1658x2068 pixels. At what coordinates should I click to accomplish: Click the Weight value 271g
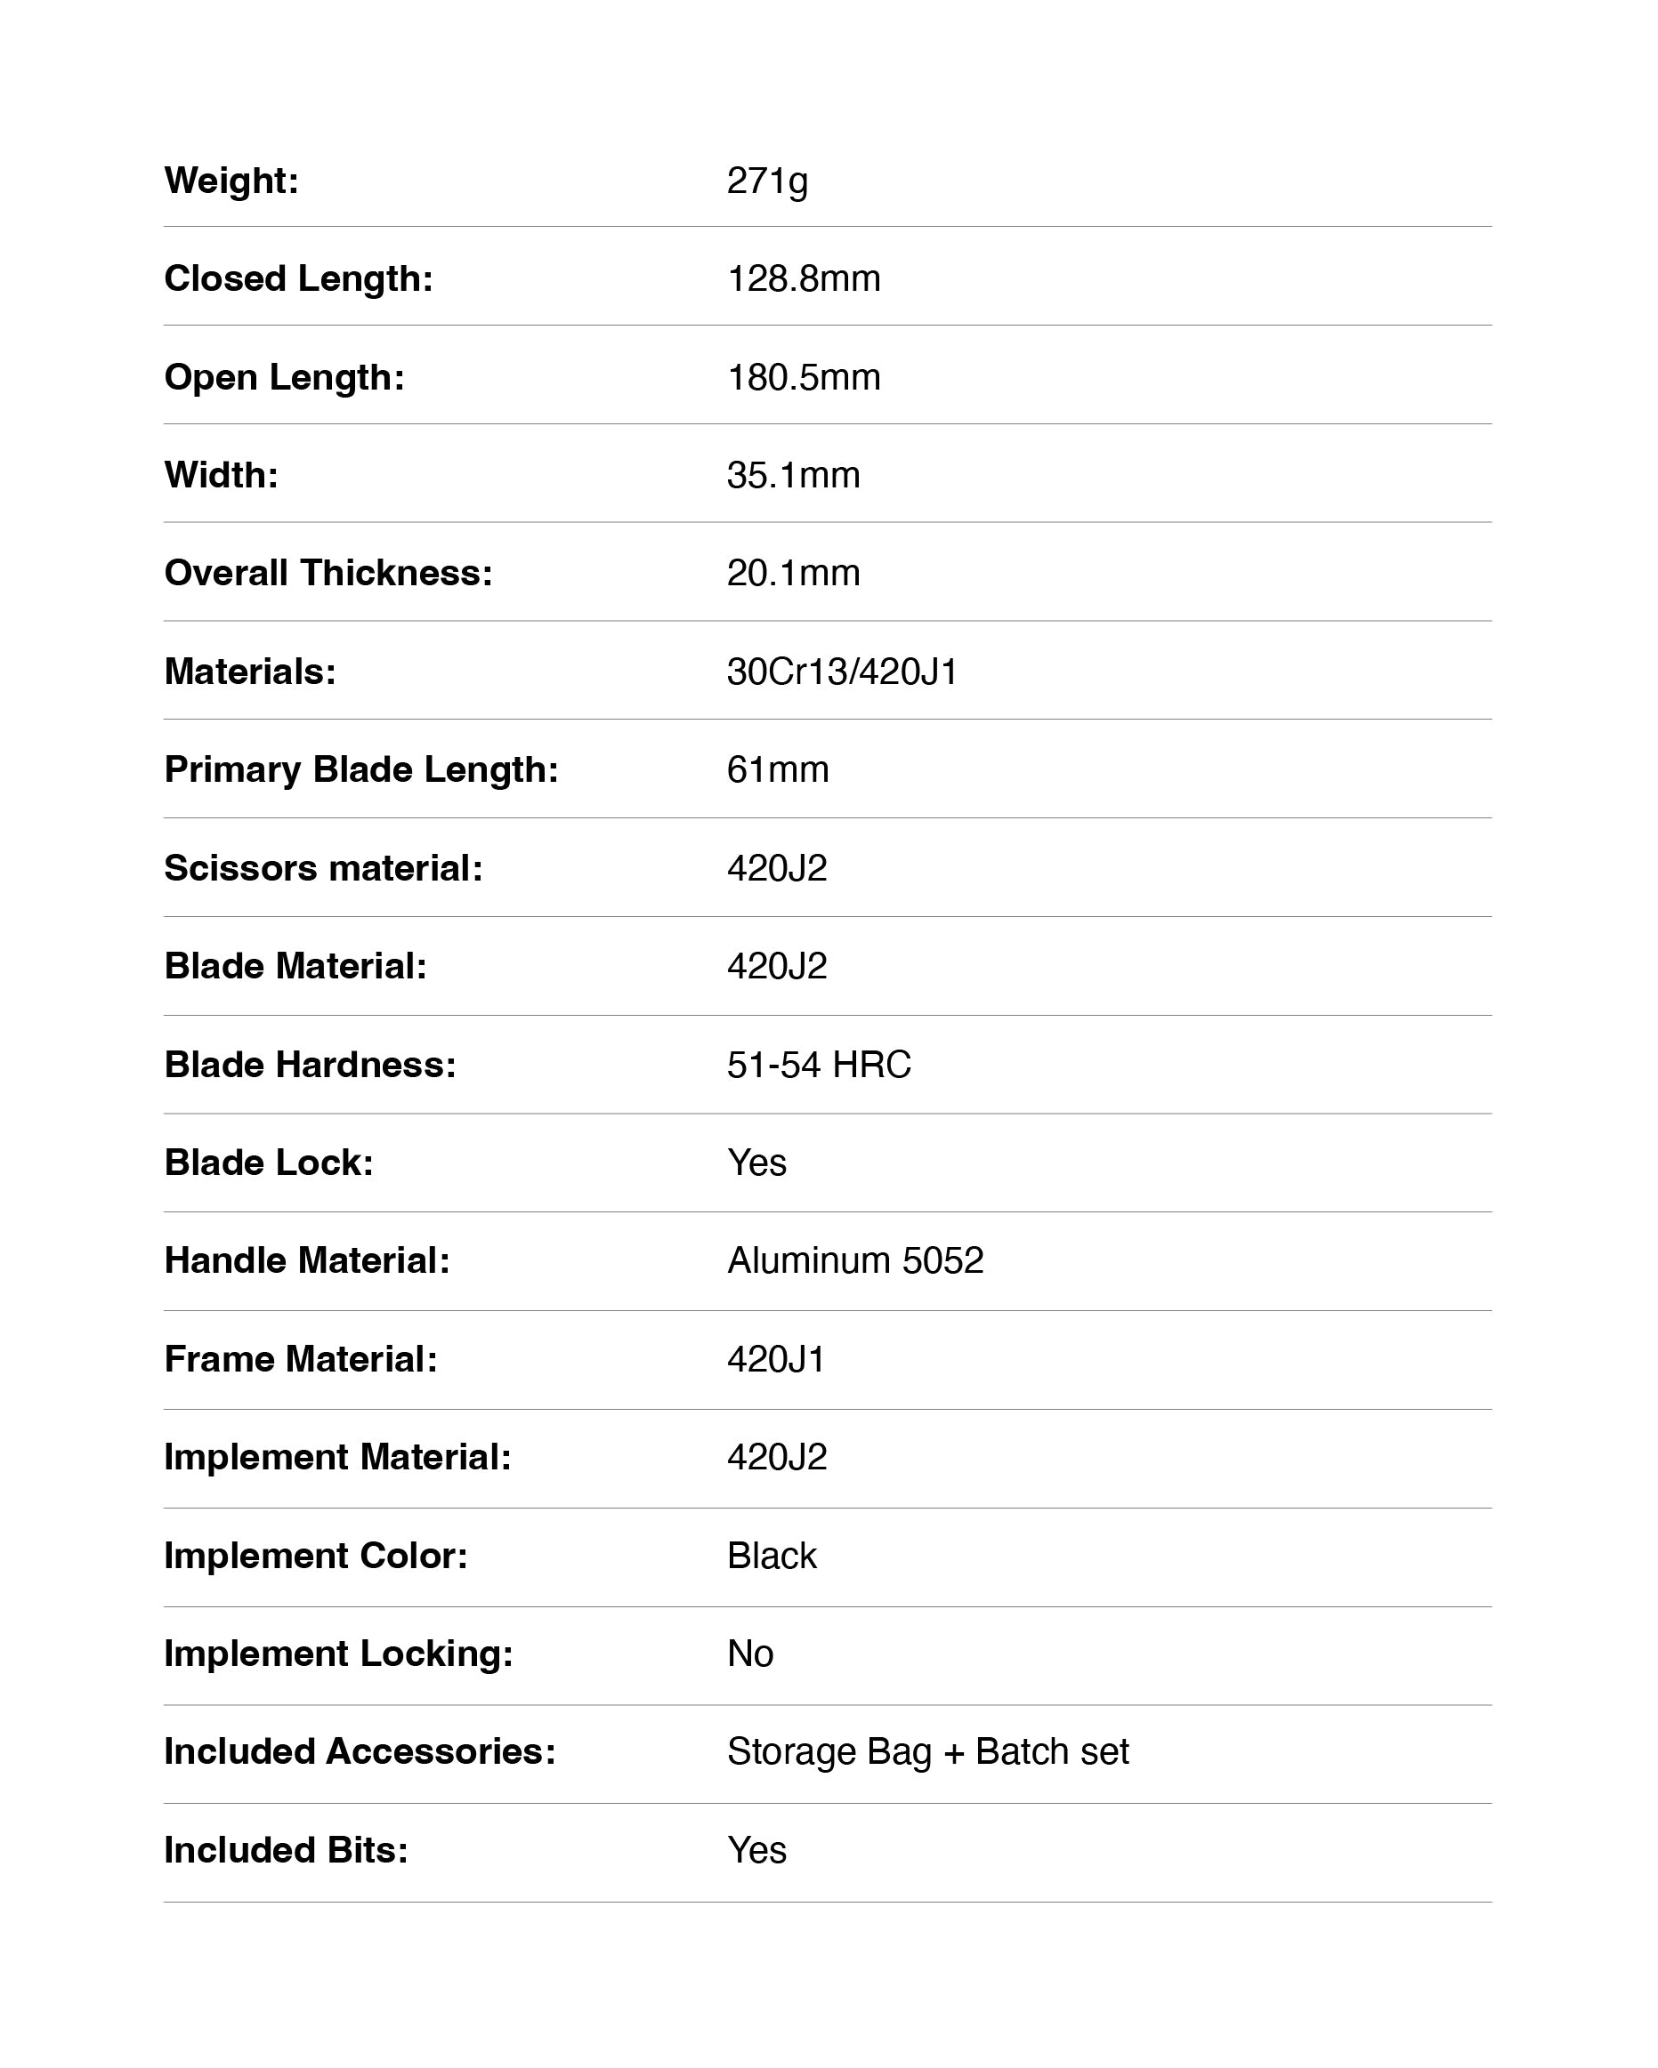[766, 181]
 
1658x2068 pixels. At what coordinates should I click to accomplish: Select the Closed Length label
[298, 278]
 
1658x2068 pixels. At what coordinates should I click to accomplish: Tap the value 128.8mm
[803, 278]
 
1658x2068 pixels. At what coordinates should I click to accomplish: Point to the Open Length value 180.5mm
[803, 377]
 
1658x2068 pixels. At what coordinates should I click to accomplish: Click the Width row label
[221, 475]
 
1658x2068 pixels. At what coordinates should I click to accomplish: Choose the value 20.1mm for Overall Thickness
[793, 573]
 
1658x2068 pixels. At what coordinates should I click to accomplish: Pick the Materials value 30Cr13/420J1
[843, 672]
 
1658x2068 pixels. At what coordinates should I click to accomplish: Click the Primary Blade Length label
[360, 769]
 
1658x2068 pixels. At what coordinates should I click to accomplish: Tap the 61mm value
[777, 769]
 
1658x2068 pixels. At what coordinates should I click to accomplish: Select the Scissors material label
[323, 868]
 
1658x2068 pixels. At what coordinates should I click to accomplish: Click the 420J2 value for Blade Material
[776, 966]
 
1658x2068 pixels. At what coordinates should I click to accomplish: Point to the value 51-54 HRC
[819, 1065]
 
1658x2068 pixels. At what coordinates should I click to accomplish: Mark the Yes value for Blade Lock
[756, 1163]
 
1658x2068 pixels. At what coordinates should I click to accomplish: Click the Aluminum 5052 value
[855, 1260]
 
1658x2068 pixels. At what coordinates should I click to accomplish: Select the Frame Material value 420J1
[775, 1359]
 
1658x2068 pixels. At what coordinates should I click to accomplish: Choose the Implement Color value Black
[772, 1556]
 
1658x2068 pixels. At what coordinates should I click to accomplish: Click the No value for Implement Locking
[749, 1654]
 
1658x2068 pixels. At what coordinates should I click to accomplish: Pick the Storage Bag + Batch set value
[926, 1751]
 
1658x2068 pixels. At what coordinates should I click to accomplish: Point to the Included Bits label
[286, 1850]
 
